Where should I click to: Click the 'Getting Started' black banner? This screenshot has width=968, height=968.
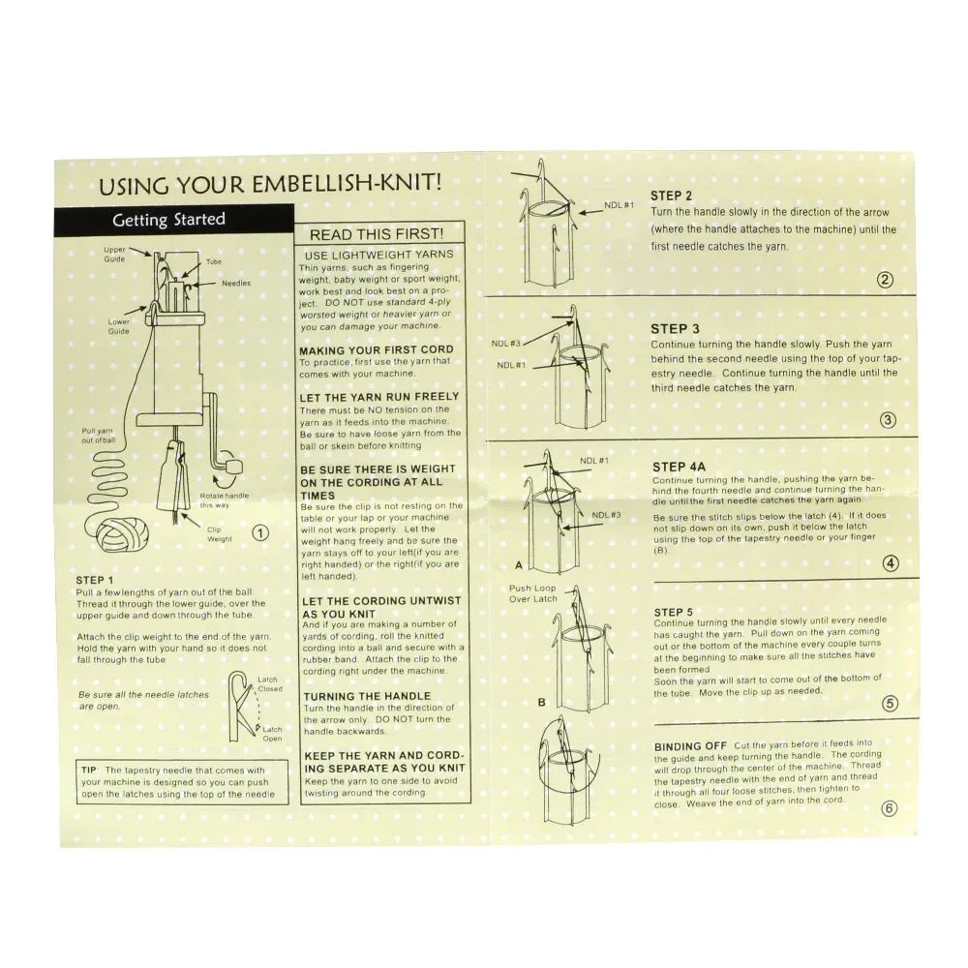pos(169,220)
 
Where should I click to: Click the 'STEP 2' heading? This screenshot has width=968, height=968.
pos(673,195)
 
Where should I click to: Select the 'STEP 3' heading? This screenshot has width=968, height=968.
pos(674,329)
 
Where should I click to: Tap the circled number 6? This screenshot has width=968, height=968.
pos(889,809)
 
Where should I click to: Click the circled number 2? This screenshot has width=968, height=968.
pos(884,282)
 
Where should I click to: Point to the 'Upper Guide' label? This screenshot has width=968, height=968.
pos(114,255)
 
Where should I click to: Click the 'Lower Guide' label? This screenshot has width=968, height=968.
pos(119,325)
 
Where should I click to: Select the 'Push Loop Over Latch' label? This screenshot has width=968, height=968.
pos(532,593)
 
